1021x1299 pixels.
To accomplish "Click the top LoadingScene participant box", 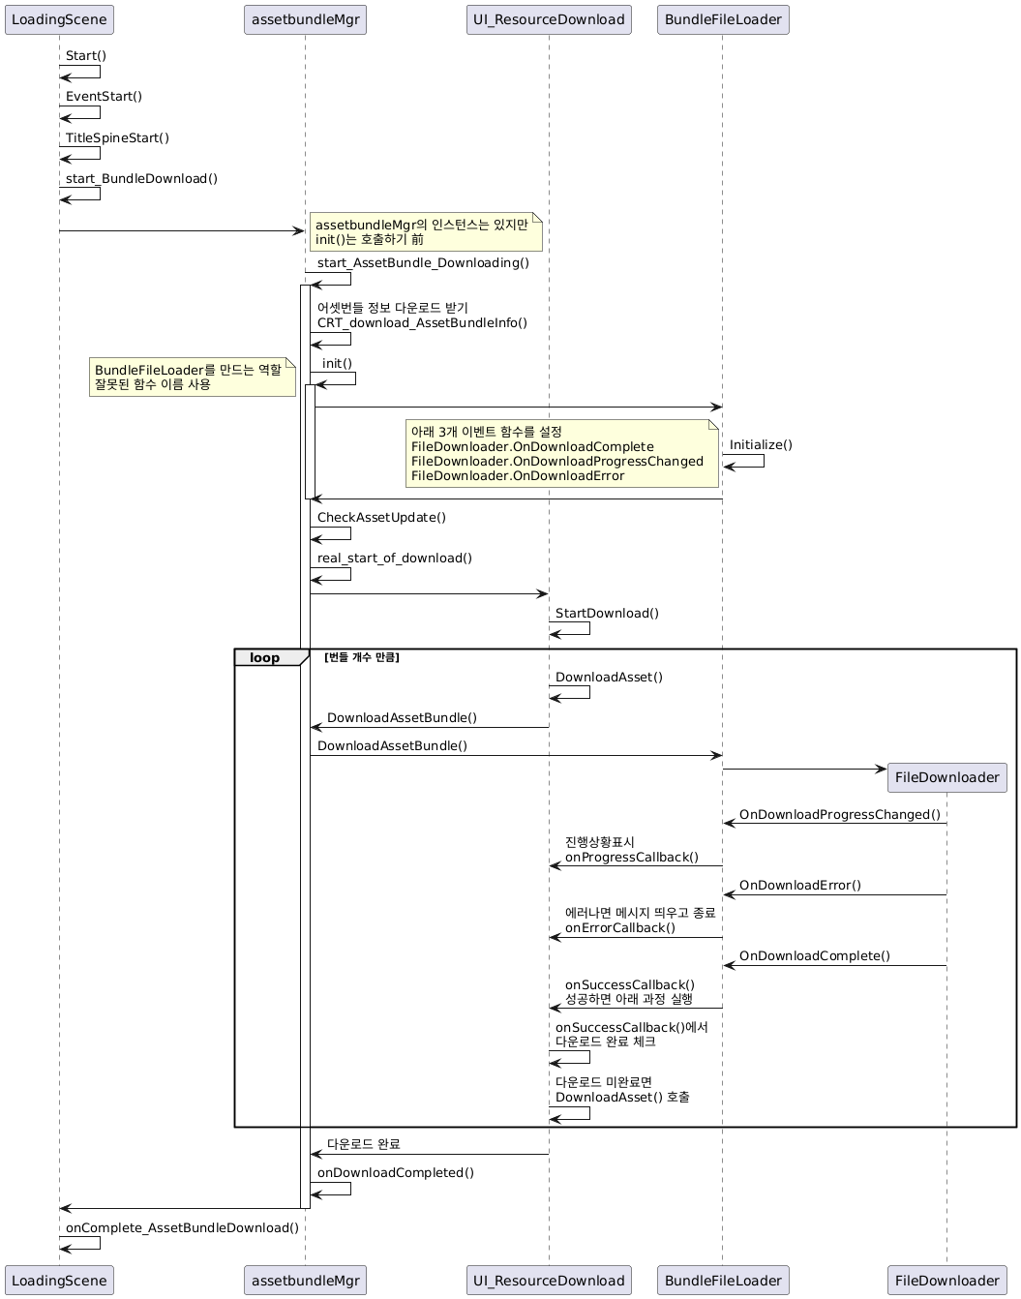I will [x=59, y=19].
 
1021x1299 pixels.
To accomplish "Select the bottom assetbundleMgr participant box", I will [x=305, y=1281].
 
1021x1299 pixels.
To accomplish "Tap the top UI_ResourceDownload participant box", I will [x=549, y=19].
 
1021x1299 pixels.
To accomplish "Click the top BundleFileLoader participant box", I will [x=722, y=19].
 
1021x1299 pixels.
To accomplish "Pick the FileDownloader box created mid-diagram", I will [x=946, y=777].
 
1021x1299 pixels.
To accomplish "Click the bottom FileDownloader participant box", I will [x=946, y=1281].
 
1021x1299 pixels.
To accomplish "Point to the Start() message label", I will [x=86, y=55].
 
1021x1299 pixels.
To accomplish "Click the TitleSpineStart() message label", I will [x=117, y=137].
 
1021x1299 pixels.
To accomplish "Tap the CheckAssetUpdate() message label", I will [x=381, y=517].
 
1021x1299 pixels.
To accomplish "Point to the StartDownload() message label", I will [x=607, y=613].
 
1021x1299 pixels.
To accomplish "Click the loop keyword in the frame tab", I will [x=264, y=658].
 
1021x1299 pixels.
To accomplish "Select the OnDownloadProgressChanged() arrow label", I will [x=840, y=814].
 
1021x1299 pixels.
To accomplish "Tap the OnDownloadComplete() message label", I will [x=815, y=955].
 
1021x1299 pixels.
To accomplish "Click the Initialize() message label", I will [x=761, y=444].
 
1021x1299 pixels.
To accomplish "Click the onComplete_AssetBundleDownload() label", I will [x=182, y=1227].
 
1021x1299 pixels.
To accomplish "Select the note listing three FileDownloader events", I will [x=562, y=453].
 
